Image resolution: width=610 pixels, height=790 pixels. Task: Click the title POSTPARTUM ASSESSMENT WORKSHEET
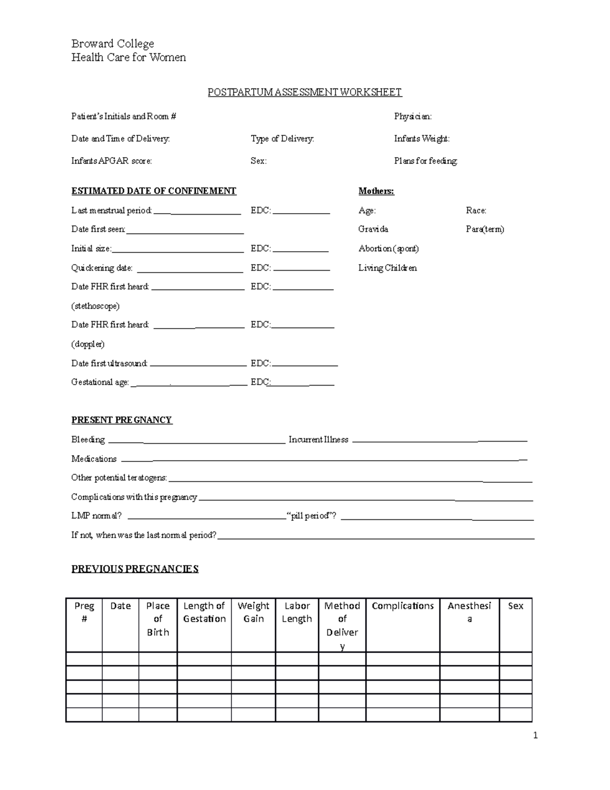[x=304, y=92]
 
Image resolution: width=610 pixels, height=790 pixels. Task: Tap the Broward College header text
[x=112, y=44]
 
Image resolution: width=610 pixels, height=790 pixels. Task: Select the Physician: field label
[x=413, y=116]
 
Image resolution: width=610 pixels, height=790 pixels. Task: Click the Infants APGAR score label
[x=111, y=161]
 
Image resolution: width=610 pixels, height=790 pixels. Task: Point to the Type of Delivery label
[x=282, y=138]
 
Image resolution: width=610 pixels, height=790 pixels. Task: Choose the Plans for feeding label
[x=425, y=161]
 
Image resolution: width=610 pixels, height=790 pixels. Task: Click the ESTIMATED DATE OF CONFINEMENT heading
[x=154, y=191]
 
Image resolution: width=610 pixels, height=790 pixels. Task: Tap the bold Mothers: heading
[x=376, y=191]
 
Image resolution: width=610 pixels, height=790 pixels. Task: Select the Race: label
[x=476, y=210]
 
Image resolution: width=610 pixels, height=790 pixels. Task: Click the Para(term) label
[x=485, y=229]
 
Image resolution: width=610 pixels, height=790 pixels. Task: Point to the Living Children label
[x=387, y=268]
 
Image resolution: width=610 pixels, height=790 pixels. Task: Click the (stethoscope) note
[x=96, y=306]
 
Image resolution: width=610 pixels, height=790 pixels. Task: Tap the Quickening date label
[x=102, y=268]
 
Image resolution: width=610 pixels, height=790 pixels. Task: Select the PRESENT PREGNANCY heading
[x=121, y=420]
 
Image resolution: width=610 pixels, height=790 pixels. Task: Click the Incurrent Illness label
[x=318, y=440]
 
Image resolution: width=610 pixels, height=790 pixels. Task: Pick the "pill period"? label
[x=312, y=516]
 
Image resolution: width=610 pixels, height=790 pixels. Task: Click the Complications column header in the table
[x=403, y=606]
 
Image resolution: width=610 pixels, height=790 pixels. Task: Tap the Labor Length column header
[x=297, y=612]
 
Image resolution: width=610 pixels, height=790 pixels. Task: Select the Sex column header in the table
[x=515, y=606]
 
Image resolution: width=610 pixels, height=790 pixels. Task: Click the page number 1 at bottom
[x=535, y=735]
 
